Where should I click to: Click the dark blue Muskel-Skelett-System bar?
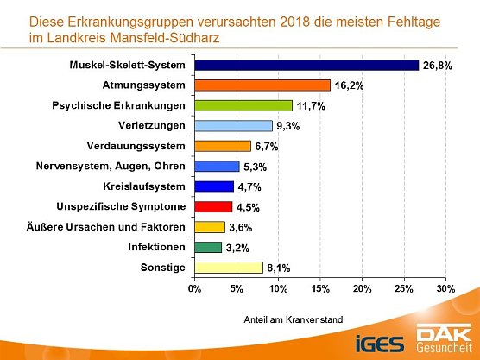[306, 65]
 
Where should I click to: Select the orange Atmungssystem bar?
[262, 85]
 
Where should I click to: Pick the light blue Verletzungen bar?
[233, 126]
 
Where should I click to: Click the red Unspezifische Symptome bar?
[213, 207]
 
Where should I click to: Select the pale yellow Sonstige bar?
[229, 268]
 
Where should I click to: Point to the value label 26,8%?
[436, 65]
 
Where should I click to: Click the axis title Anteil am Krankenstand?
[293, 319]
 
